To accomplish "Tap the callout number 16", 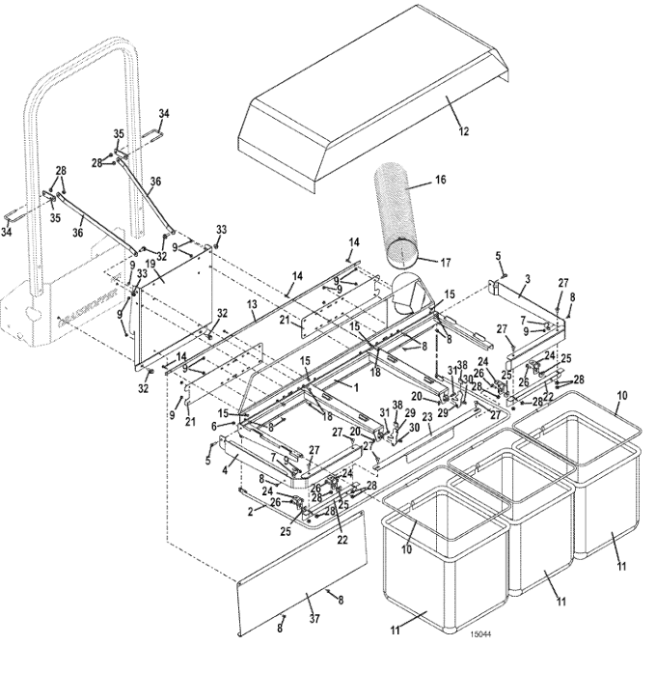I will pyautogui.click(x=440, y=181).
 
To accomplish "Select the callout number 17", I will pyautogui.click(x=445, y=261).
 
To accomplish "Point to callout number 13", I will pyautogui.click(x=251, y=302).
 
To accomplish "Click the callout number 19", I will pyautogui.click(x=150, y=263).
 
